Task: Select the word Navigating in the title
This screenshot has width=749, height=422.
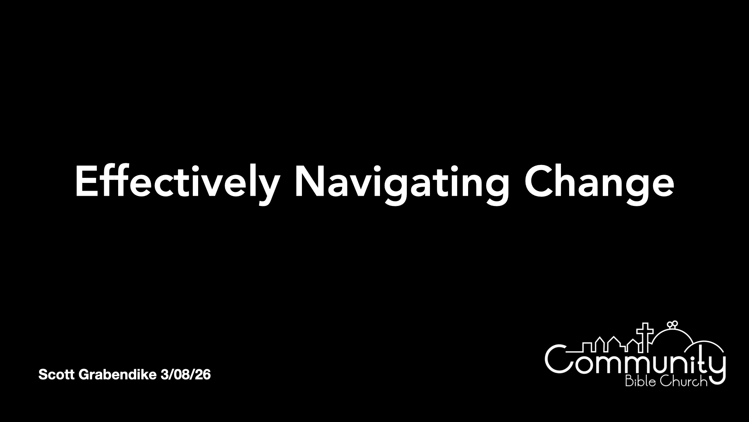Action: pyautogui.click(x=402, y=181)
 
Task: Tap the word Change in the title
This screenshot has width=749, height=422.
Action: pyautogui.click(x=599, y=181)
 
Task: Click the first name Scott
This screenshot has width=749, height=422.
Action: pyautogui.click(x=57, y=375)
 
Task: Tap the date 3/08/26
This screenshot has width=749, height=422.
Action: pyautogui.click(x=186, y=375)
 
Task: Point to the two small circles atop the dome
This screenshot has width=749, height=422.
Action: pyautogui.click(x=672, y=324)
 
